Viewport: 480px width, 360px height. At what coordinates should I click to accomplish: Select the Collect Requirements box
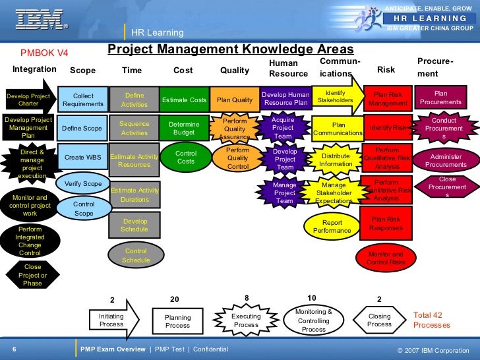[x=83, y=100]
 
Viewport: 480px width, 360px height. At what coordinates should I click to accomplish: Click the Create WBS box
[x=83, y=158]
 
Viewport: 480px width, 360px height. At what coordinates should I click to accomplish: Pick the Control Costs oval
[x=186, y=158]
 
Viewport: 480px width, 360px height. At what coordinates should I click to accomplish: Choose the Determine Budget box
[x=184, y=128]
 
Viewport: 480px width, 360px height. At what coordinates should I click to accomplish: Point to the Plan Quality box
[x=234, y=100]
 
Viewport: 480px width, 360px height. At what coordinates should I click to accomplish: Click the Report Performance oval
[x=332, y=227]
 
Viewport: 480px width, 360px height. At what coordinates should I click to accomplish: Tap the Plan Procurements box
[x=440, y=98]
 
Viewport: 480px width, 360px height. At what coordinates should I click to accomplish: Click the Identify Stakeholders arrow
[x=338, y=96]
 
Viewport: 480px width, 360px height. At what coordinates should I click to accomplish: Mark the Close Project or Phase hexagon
[x=32, y=275]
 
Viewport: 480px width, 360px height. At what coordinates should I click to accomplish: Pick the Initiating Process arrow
[x=113, y=320]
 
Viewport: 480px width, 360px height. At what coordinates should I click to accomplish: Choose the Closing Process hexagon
[x=379, y=320]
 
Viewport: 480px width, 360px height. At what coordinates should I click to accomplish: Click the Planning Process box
[x=177, y=322]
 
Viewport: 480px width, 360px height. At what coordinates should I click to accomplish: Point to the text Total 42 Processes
[x=432, y=320]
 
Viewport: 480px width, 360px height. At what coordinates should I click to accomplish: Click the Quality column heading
[x=235, y=71]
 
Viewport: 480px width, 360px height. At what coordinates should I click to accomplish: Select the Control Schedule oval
[x=135, y=255]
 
